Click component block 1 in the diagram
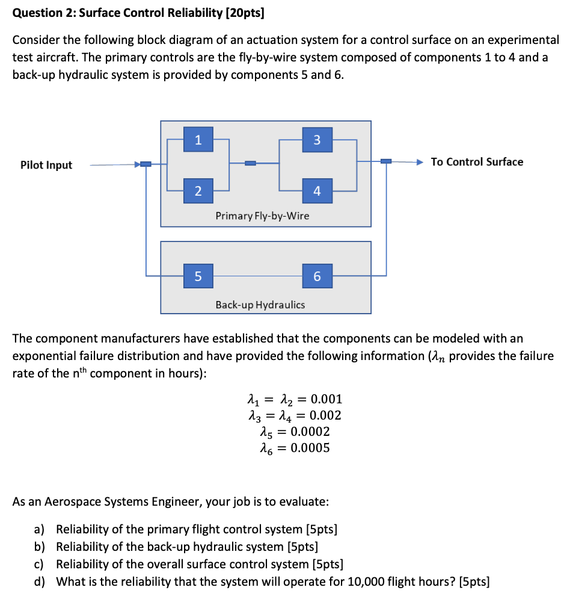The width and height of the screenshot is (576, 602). pos(198,140)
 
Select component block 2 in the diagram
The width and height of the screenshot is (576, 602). pos(198,191)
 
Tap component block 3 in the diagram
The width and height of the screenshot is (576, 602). pos(317,140)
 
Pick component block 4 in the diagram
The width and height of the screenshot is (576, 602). pos(317,191)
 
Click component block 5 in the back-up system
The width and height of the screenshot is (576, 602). pos(198,276)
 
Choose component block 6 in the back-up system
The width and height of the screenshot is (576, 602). pos(317,276)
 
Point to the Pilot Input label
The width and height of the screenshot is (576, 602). pos(46,165)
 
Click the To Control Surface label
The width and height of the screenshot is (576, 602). pos(477,162)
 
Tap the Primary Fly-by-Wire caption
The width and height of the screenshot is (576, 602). pos(262,216)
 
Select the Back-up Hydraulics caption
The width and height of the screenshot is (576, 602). pos(260,305)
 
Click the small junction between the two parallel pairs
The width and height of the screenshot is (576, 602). pos(251,163)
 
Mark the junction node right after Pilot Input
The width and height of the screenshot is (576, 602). pos(146,164)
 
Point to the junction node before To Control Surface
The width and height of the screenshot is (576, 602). pos(386,161)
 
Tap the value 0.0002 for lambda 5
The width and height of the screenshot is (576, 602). pos(310,431)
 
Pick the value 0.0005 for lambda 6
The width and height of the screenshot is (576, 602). pos(310,447)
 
